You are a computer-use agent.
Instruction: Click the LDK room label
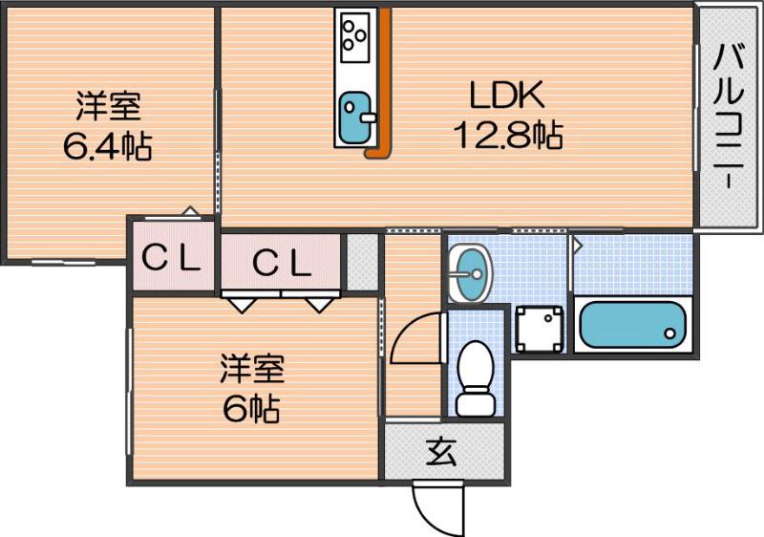click(x=505, y=96)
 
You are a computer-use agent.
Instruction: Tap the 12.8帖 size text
click(x=506, y=136)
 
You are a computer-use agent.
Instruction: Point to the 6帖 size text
click(x=252, y=409)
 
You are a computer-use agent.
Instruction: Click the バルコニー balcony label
click(x=728, y=117)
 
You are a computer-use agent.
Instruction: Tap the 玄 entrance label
click(x=441, y=451)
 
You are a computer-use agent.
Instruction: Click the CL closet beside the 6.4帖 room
click(x=172, y=258)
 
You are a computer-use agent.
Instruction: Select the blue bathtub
click(x=633, y=325)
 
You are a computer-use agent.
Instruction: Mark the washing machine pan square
click(x=538, y=328)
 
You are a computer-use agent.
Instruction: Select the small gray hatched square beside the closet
click(x=362, y=261)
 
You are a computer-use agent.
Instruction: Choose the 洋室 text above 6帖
click(x=252, y=368)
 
